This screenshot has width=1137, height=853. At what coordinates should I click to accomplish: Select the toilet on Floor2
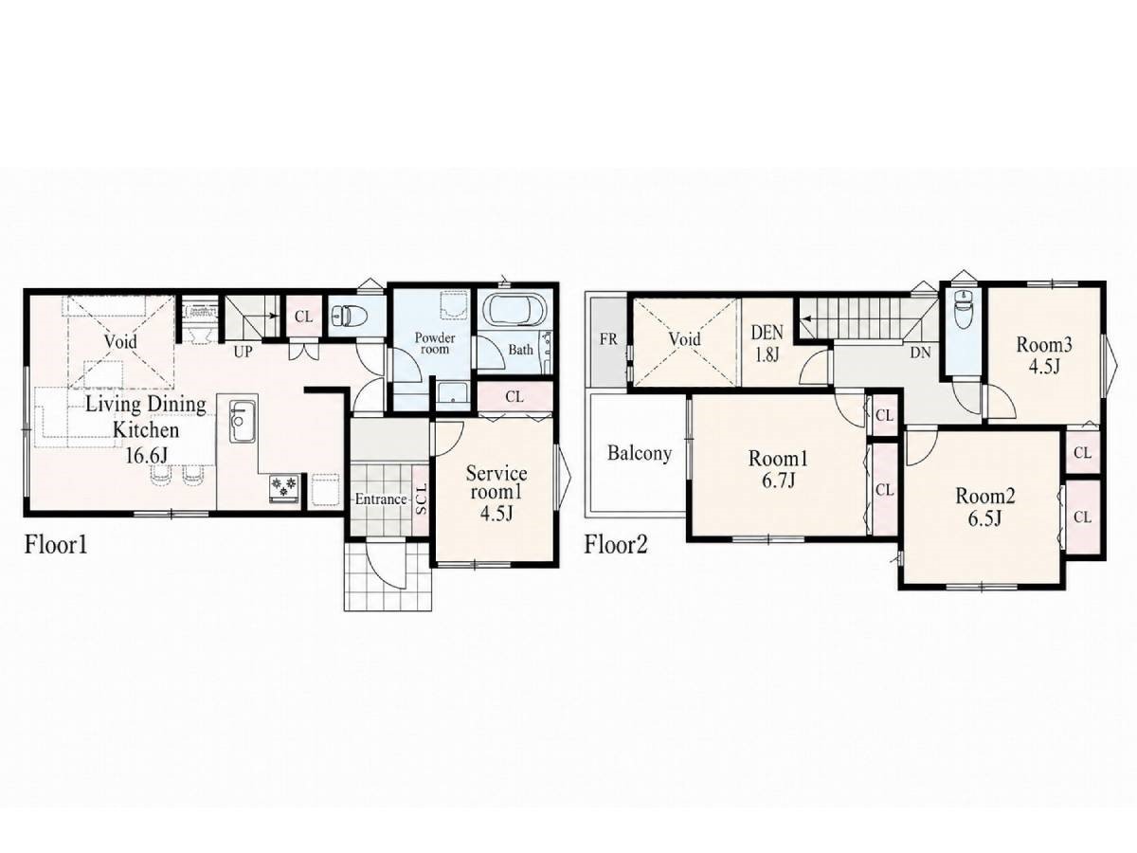[964, 310]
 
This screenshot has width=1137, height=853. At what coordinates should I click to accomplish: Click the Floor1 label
[56, 545]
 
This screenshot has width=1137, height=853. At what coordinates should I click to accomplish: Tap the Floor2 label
[616, 545]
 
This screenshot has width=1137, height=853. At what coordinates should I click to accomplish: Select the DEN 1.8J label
[767, 343]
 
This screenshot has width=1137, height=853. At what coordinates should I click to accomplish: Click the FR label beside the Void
[608, 339]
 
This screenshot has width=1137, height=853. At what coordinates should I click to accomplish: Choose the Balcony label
[640, 453]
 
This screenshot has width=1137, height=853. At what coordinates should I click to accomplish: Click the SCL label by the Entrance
[421, 499]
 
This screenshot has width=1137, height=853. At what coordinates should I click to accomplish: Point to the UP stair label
[243, 353]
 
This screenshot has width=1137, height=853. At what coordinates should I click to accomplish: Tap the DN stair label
[920, 354]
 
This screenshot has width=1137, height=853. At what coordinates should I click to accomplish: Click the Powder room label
[435, 343]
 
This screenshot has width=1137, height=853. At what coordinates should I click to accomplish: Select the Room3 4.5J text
[1043, 355]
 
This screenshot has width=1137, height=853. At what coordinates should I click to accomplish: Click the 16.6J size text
[147, 455]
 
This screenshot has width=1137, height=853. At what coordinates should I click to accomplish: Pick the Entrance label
[381, 499]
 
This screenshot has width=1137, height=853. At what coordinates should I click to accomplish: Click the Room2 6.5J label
[984, 506]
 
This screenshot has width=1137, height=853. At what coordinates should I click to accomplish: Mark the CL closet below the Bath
[514, 397]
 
